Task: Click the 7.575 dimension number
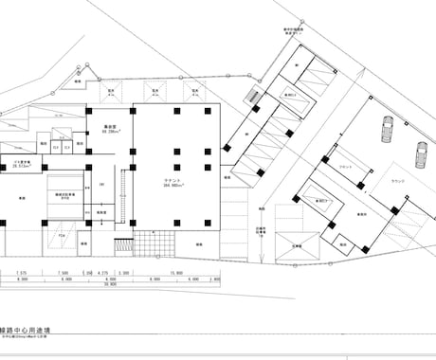22,273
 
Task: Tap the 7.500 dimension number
63,273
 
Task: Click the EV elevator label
100,184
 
